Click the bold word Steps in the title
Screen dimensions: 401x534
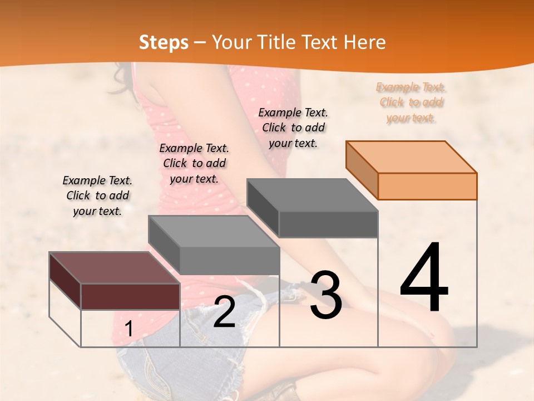pyautogui.click(x=164, y=42)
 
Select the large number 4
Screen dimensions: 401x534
pyautogui.click(x=424, y=278)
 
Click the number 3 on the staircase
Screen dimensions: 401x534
pyautogui.click(x=326, y=295)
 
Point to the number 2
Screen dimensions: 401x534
pyautogui.click(x=224, y=312)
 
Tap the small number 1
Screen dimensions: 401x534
pyautogui.click(x=128, y=329)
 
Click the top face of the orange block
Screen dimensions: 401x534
pyautogui.click(x=412, y=157)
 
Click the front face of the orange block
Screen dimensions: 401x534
pyautogui.click(x=427, y=186)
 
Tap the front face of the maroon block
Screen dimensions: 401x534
pyautogui.click(x=130, y=296)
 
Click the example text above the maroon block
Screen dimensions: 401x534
pyautogui.click(x=97, y=196)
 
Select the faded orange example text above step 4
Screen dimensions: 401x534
pyautogui.click(x=411, y=102)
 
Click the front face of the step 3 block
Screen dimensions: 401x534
pyautogui.click(x=328, y=224)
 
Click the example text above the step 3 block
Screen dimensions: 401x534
pyautogui.click(x=293, y=128)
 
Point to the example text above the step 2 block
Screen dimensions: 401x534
pyautogui.click(x=194, y=164)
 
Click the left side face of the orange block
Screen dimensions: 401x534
pyautogui.click(x=362, y=170)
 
